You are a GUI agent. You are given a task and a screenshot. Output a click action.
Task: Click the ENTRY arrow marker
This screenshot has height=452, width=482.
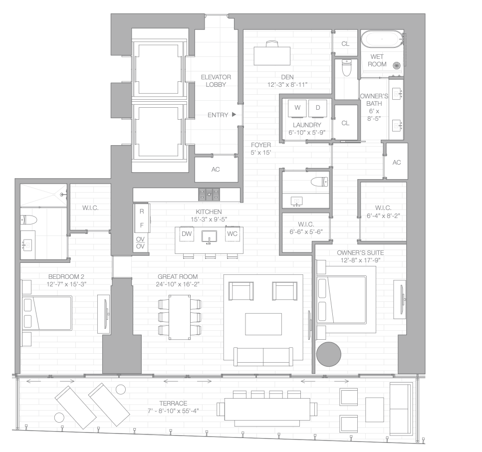point(234,115)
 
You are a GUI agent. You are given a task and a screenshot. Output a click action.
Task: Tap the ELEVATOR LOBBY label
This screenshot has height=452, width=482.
point(216,81)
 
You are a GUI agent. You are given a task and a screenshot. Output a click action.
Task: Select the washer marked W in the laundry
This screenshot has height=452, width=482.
point(297,108)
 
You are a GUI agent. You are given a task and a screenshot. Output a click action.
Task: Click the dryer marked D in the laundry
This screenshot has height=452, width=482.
point(317,108)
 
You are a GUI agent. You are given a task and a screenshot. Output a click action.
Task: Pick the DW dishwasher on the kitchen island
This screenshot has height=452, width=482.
point(187,233)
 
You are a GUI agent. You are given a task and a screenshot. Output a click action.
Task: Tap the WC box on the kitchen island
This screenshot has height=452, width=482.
point(232,233)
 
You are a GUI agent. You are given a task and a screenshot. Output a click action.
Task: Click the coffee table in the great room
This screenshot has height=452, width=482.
point(263,324)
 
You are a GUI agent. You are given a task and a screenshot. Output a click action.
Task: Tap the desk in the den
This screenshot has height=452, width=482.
point(272,54)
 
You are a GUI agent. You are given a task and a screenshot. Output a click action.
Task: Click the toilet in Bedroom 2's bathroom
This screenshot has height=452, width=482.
point(27,220)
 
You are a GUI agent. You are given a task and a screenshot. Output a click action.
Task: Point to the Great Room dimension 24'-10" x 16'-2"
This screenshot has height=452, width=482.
point(178,285)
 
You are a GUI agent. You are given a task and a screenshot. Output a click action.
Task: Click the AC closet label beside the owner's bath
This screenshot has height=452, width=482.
point(397,163)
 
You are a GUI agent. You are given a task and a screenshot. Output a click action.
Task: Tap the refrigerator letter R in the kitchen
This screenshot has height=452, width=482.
point(142,212)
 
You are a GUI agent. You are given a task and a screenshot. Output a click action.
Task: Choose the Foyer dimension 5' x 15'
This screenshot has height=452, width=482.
point(260,153)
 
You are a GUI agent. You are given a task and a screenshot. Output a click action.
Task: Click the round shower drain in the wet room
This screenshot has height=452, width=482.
point(397,65)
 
